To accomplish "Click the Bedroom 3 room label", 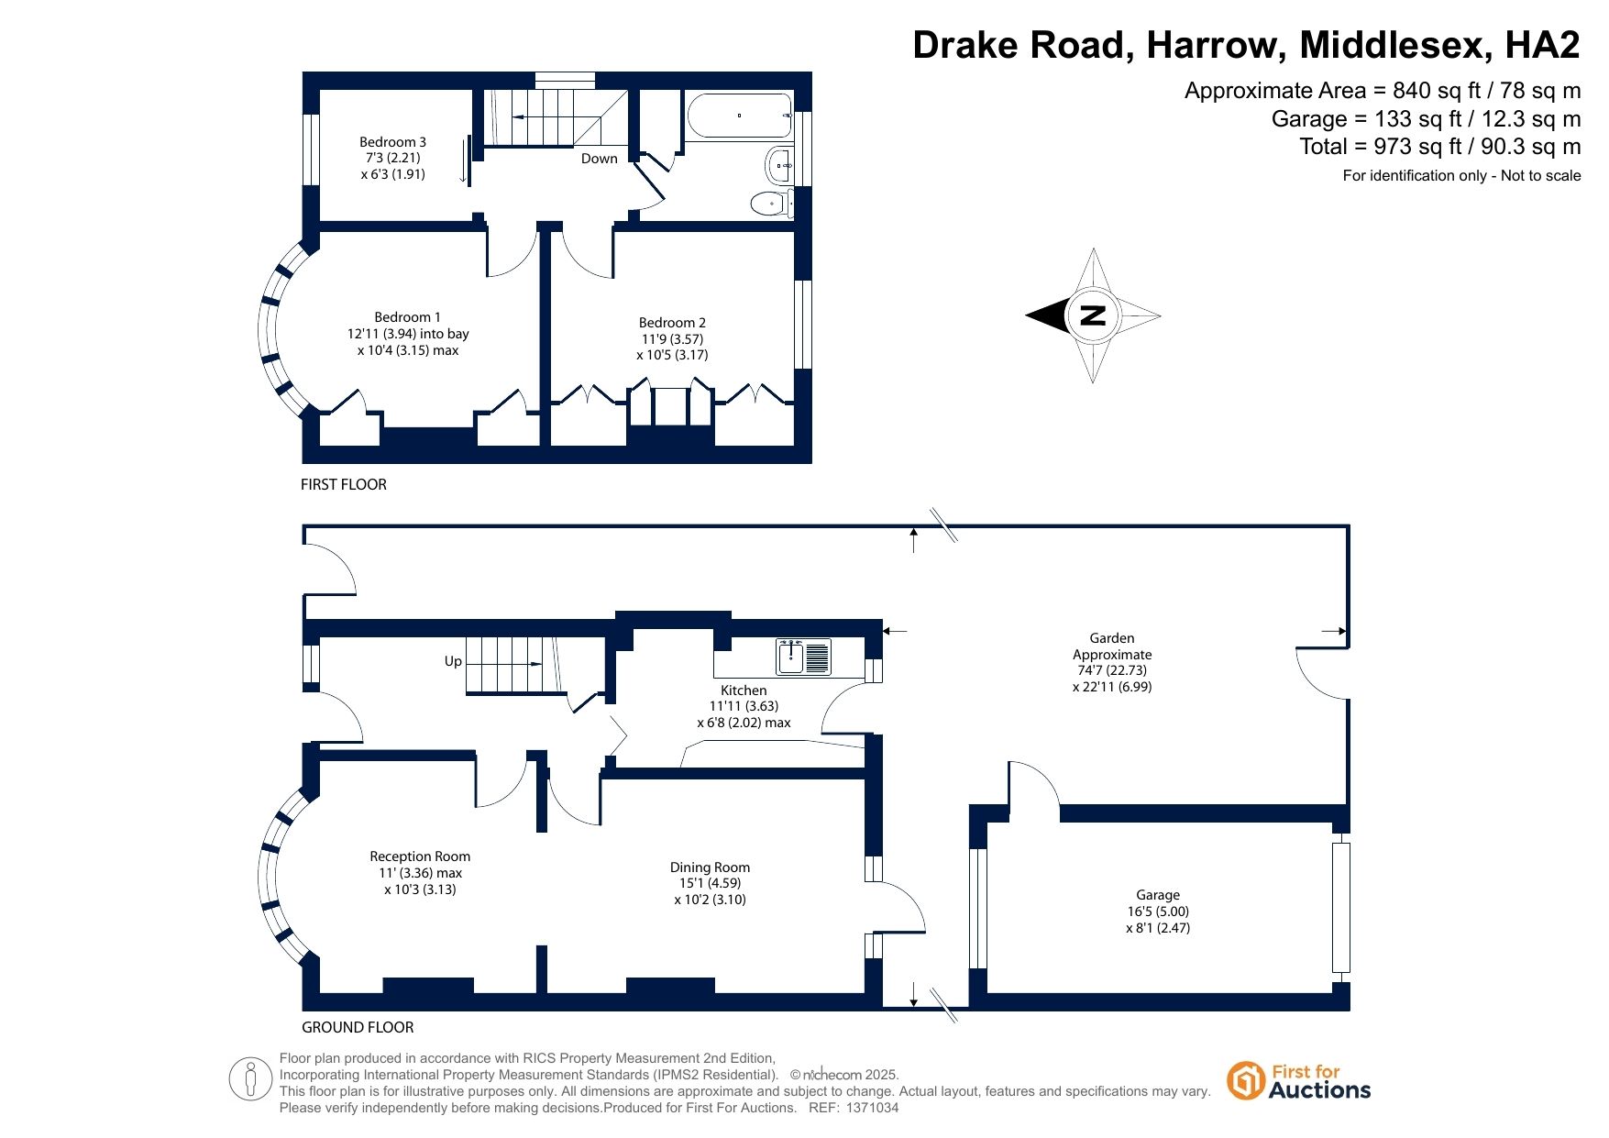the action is (x=392, y=158).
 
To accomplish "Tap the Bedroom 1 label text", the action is (x=408, y=334).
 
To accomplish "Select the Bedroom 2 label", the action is (x=672, y=338).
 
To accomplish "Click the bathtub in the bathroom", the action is (x=739, y=116).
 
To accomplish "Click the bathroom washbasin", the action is (x=779, y=166).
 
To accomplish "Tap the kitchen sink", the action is (x=803, y=657).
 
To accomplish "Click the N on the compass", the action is (x=1093, y=315).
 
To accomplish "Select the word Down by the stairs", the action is (x=600, y=159).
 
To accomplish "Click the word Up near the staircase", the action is (x=453, y=661).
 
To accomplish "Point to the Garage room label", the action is (x=1158, y=912).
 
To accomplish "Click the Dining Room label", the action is (x=710, y=883).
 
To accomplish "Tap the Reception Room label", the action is (x=420, y=873).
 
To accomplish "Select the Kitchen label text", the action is (x=744, y=706).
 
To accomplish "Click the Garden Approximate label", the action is (x=1112, y=662).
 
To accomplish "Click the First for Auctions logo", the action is (x=1299, y=1081).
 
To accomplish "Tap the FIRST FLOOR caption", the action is (x=344, y=484).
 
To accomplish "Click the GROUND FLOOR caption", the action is (x=358, y=1027).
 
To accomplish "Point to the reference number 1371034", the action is (x=871, y=1108).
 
